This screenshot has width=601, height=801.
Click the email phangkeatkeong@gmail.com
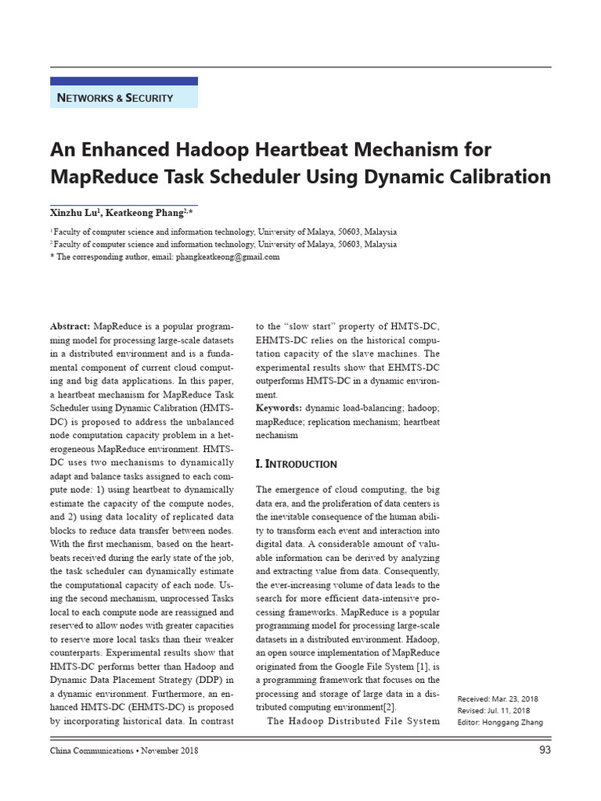[x=228, y=257]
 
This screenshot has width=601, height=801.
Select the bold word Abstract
[x=69, y=325]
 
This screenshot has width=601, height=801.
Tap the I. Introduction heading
[x=297, y=464]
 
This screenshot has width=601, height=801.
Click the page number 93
[x=545, y=751]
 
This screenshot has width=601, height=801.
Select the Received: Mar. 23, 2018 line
[x=498, y=699]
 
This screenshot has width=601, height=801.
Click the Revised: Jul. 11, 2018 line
[x=494, y=710]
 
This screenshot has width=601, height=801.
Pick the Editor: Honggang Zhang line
[x=499, y=722]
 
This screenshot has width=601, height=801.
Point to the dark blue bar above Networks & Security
[x=124, y=81]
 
